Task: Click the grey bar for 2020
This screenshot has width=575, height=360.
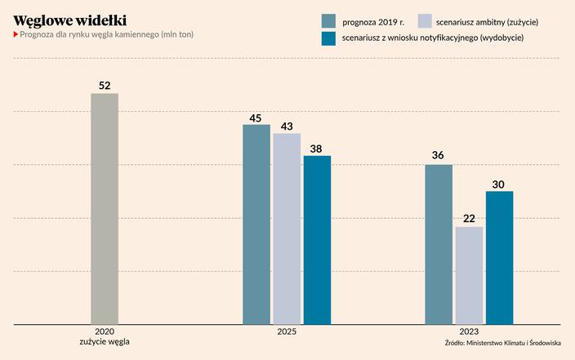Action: tap(105, 209)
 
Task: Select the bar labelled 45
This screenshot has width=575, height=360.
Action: tap(256, 224)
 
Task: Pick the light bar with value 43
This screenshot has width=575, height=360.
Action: tap(287, 229)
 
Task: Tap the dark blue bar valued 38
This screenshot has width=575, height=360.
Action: tap(317, 240)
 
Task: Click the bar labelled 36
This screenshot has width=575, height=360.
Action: tap(439, 245)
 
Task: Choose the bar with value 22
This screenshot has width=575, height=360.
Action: tap(469, 275)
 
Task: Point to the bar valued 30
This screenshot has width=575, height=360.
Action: tap(499, 258)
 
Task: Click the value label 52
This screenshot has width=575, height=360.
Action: tap(105, 85)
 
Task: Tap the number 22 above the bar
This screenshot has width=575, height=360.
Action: tap(469, 218)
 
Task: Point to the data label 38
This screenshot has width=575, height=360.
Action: tap(317, 148)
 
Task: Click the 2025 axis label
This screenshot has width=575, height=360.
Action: tap(287, 332)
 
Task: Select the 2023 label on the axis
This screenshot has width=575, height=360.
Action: tap(469, 332)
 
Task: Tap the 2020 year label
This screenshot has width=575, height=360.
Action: tap(105, 332)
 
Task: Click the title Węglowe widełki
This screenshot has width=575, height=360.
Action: tap(69, 19)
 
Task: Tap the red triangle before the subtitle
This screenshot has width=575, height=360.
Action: tap(16, 34)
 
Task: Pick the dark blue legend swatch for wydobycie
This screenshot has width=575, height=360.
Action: tap(329, 38)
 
